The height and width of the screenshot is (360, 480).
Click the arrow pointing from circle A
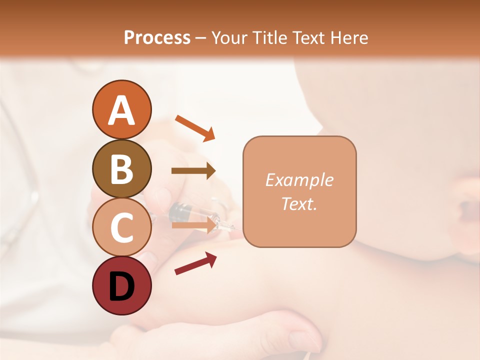(195, 127)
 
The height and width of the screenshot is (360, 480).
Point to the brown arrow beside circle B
(193, 171)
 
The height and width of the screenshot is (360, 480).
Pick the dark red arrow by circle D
(195, 263)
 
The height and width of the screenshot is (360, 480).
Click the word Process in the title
(157, 38)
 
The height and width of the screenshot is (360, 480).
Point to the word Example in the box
(299, 180)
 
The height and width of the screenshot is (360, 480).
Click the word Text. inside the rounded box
(299, 203)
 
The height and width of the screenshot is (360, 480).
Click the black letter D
(121, 287)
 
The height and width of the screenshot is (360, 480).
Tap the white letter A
(121, 110)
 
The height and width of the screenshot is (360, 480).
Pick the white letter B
(121, 168)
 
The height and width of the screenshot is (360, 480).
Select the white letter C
(121, 227)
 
